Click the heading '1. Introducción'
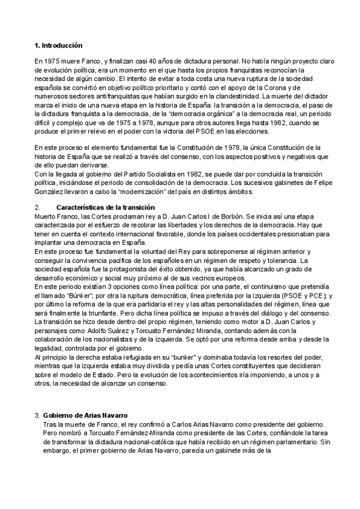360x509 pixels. tap(58, 46)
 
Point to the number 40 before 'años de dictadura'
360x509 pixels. tap(158, 62)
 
